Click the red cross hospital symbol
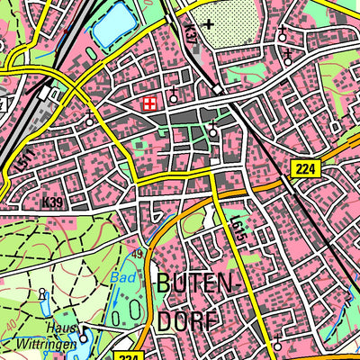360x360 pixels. [150, 104]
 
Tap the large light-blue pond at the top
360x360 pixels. [111, 28]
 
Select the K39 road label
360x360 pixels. [52, 203]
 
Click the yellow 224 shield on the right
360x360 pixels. [307, 167]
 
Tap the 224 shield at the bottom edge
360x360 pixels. [130, 355]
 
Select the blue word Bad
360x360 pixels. [121, 279]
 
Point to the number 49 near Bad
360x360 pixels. [139, 255]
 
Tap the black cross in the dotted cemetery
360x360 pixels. [209, 24]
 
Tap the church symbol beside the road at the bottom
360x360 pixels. [278, 345]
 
